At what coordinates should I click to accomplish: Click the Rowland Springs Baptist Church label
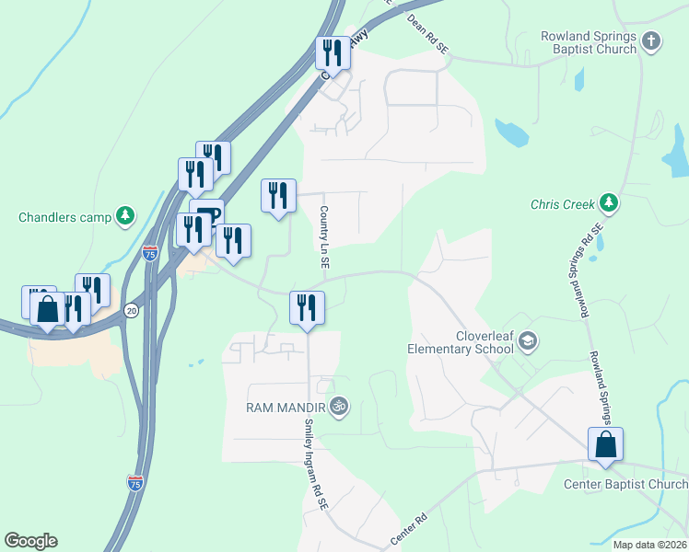click(x=589, y=42)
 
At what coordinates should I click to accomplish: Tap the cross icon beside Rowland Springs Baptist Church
click(x=651, y=40)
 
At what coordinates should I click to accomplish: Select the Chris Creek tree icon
click(x=607, y=201)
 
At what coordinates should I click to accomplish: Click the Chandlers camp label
click(x=64, y=218)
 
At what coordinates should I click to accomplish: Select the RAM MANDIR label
click(x=285, y=406)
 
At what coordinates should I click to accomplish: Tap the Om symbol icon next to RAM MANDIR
click(x=339, y=405)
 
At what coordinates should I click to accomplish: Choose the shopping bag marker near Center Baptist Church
click(x=605, y=444)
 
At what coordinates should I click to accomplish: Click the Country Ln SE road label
click(x=324, y=236)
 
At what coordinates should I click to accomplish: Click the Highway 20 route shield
click(x=132, y=310)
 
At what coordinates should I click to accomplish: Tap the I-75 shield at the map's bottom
click(x=134, y=482)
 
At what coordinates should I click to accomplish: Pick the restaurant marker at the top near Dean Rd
click(x=333, y=53)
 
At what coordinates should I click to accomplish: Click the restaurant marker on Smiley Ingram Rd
click(x=307, y=308)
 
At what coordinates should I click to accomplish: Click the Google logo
click(x=30, y=541)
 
